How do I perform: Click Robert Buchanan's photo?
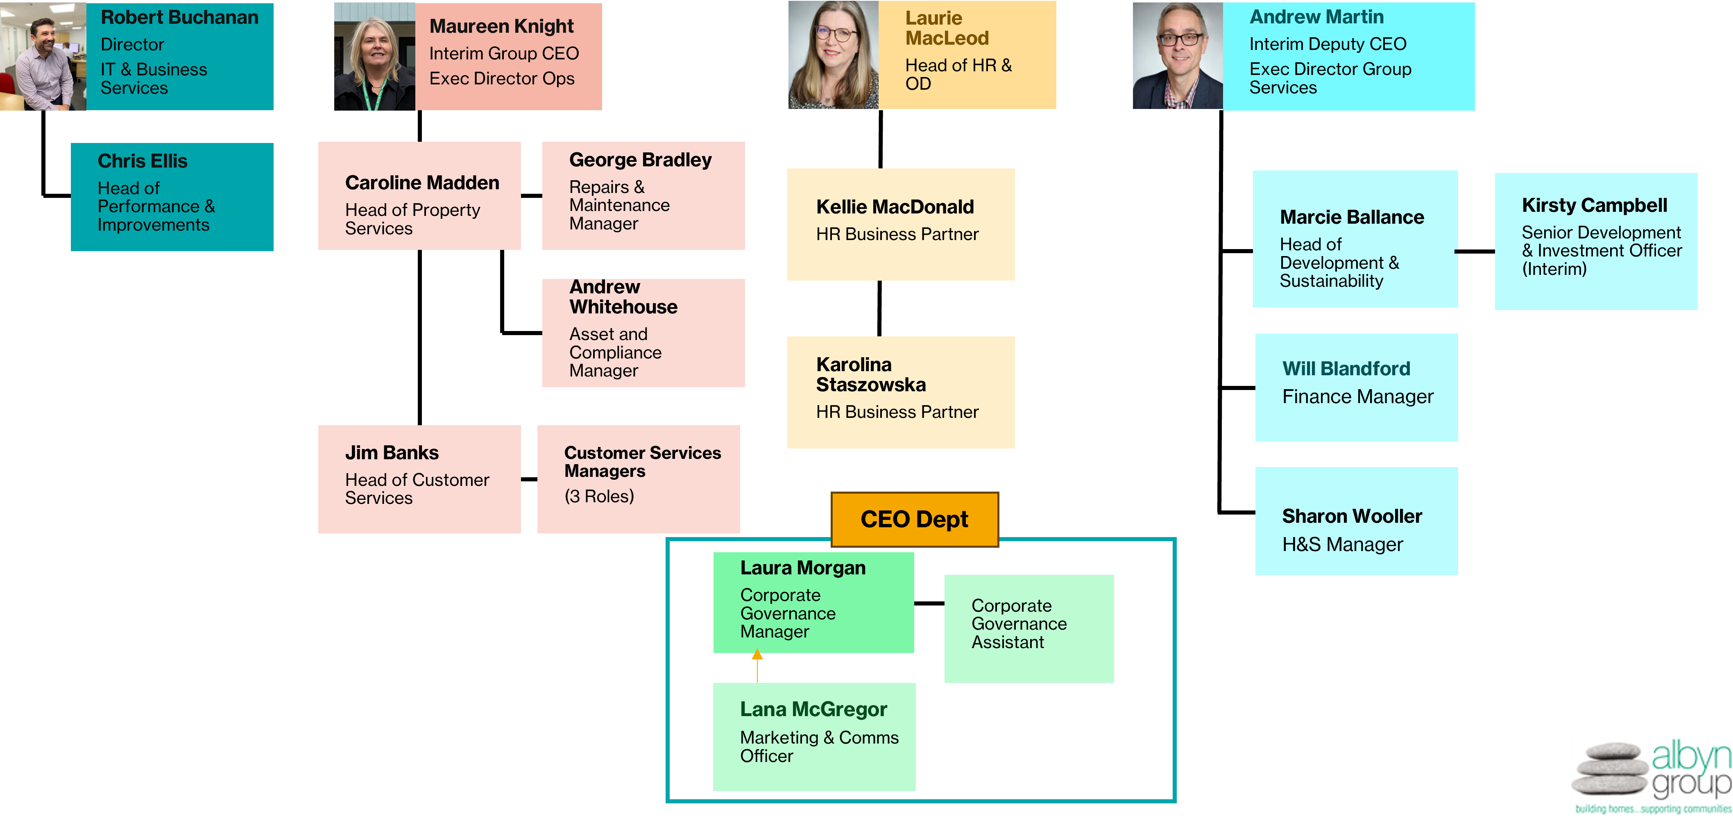click(x=43, y=57)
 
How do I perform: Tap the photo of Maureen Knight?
click(x=375, y=57)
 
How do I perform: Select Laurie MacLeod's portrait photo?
click(x=833, y=55)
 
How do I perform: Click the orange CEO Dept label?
click(x=914, y=519)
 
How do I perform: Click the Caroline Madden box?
click(x=419, y=196)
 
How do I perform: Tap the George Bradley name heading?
click(x=640, y=160)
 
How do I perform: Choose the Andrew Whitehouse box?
click(x=643, y=333)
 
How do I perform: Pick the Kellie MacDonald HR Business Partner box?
click(x=900, y=225)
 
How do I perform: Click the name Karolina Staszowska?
click(x=870, y=374)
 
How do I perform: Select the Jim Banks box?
click(x=419, y=479)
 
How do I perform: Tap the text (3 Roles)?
click(x=599, y=497)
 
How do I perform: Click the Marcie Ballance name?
click(x=1352, y=217)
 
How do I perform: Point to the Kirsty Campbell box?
click(x=1595, y=241)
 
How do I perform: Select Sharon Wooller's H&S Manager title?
click(x=1342, y=545)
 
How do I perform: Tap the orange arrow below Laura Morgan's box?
click(x=757, y=664)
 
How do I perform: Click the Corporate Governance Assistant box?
click(x=1028, y=628)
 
